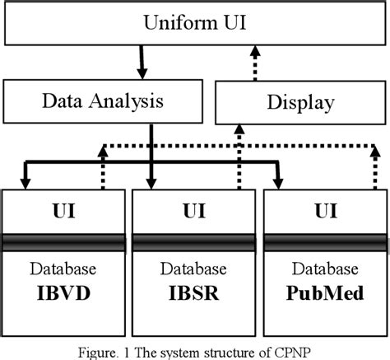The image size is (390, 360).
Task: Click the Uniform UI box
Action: [x=195, y=21]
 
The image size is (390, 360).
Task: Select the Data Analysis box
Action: [x=100, y=103]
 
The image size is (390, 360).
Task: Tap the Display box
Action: [x=300, y=103]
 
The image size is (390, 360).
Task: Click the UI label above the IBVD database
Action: [x=64, y=211]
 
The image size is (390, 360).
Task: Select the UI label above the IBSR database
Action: [x=194, y=211]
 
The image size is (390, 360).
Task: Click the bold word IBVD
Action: [x=64, y=292]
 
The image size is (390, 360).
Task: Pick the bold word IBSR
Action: [x=194, y=292]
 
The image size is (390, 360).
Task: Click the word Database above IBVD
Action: [x=64, y=270]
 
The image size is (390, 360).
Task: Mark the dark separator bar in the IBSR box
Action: [x=194, y=242]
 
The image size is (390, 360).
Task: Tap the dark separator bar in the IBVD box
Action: [x=64, y=242]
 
